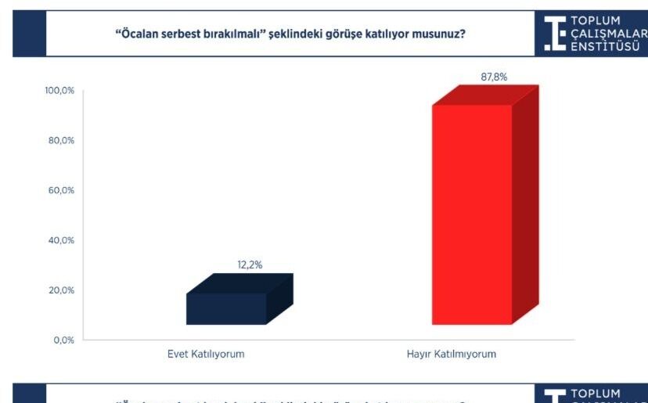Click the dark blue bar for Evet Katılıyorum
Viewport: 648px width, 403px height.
click(226, 308)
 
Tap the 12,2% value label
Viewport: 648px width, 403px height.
click(250, 265)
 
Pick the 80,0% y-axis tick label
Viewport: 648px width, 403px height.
click(61, 141)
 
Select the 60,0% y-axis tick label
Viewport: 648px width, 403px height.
click(61, 190)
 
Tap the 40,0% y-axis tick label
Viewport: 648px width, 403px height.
click(61, 240)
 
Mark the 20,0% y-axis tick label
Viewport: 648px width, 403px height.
click(61, 290)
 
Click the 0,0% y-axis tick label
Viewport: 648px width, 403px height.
click(63, 340)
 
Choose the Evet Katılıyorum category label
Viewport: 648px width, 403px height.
click(206, 354)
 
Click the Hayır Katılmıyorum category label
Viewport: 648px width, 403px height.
click(451, 354)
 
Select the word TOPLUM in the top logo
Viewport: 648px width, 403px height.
click(596, 20)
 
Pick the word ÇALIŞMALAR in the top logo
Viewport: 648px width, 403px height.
click(609, 33)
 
